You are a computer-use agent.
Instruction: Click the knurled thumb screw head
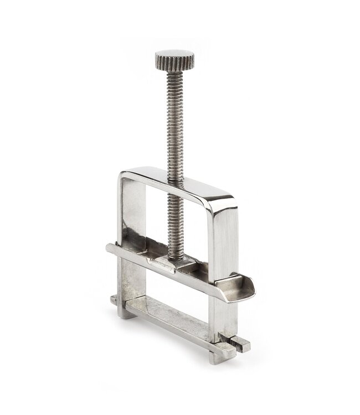[174, 57]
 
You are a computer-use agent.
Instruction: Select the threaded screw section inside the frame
[176, 221]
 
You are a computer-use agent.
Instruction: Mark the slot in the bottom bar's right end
[239, 345]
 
